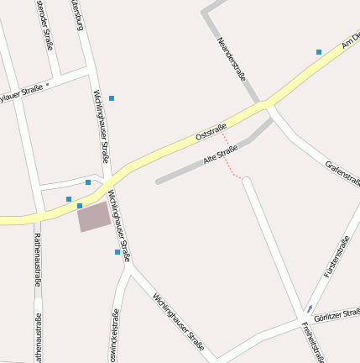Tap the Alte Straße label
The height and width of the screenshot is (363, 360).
pyautogui.click(x=221, y=155)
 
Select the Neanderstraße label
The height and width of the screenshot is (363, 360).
pyautogui.click(x=232, y=59)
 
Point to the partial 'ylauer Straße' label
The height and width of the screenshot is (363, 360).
pyautogui.click(x=20, y=93)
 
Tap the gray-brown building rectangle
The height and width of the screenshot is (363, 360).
pyautogui.click(x=94, y=217)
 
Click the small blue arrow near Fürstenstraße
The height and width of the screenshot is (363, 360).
pyautogui.click(x=310, y=308)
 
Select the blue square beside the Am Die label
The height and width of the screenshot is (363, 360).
pyautogui.click(x=319, y=52)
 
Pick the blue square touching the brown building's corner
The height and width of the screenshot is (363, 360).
pyautogui.click(x=80, y=205)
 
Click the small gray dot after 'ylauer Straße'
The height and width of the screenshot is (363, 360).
pyautogui.click(x=48, y=85)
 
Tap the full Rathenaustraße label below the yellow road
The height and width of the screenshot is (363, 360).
pyautogui.click(x=38, y=261)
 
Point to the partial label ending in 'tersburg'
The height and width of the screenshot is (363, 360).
pyautogui.click(x=78, y=14)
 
